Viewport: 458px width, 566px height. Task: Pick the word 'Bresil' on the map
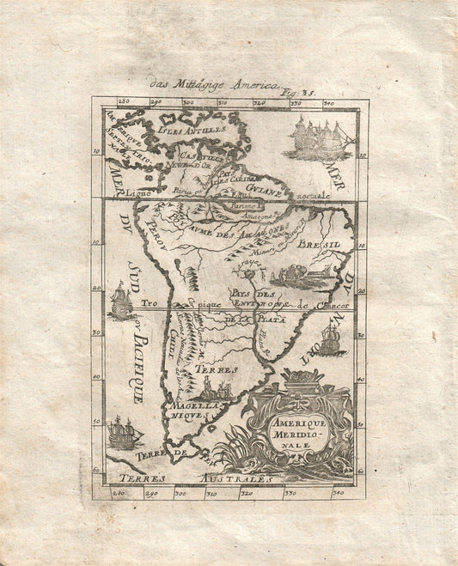click(x=321, y=246)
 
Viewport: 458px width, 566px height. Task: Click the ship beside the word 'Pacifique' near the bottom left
click(x=125, y=431)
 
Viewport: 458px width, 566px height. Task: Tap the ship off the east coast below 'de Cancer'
click(x=333, y=339)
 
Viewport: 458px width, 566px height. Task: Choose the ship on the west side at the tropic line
click(x=120, y=301)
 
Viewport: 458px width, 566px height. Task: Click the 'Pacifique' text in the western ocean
click(x=137, y=360)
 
